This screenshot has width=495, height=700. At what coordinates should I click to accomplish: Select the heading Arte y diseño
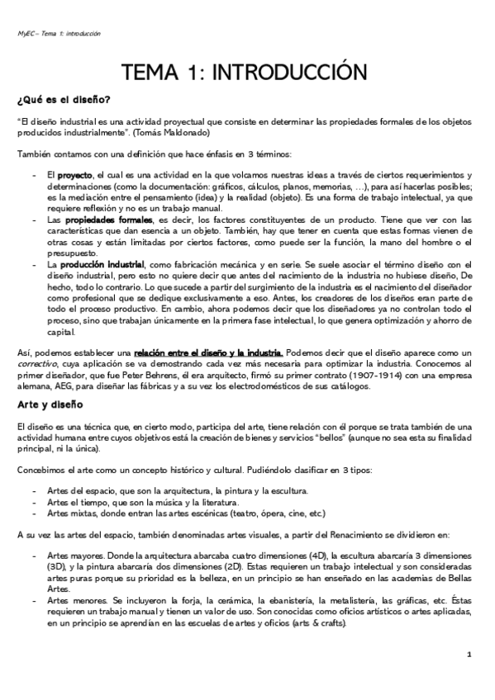tap(50, 404)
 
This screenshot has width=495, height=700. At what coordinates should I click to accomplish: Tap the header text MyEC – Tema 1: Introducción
tap(59, 34)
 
